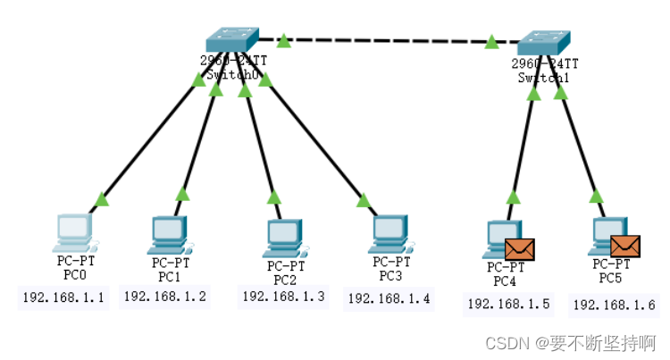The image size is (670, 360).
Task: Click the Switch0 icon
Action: (231, 39)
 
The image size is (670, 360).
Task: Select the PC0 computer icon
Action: (74, 232)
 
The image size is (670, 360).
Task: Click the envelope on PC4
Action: (519, 249)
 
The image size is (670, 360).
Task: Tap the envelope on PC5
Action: (625, 246)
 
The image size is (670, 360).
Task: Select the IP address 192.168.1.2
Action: (165, 297)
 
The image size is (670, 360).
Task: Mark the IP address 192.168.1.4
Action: (389, 299)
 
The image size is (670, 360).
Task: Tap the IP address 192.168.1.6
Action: (615, 306)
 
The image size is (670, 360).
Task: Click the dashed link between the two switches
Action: (387, 40)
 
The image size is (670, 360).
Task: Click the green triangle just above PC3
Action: (363, 198)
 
